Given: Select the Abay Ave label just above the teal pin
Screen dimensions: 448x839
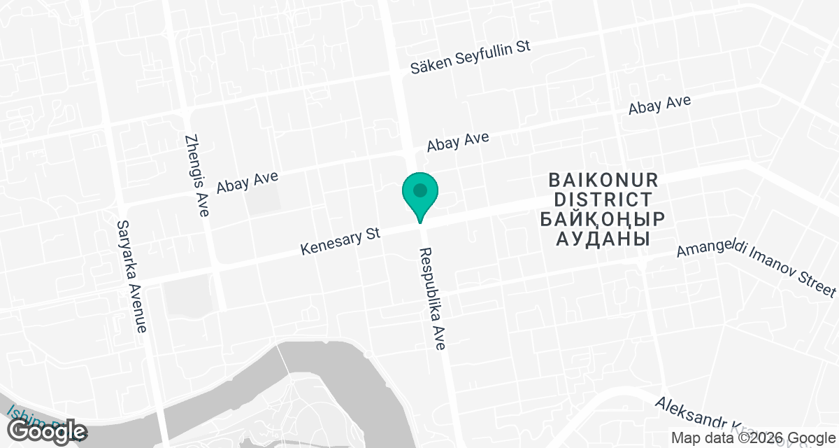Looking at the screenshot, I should coord(458,142).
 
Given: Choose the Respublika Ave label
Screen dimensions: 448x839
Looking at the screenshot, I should coord(432,300).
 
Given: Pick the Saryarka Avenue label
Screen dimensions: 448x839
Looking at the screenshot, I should coord(133,277).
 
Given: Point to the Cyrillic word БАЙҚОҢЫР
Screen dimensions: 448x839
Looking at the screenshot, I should coord(603,219).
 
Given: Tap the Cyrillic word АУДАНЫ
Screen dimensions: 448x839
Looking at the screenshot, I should coord(603,239).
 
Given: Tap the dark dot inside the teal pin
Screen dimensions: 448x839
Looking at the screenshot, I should coord(419,190).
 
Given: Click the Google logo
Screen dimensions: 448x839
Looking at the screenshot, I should coord(47,431).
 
